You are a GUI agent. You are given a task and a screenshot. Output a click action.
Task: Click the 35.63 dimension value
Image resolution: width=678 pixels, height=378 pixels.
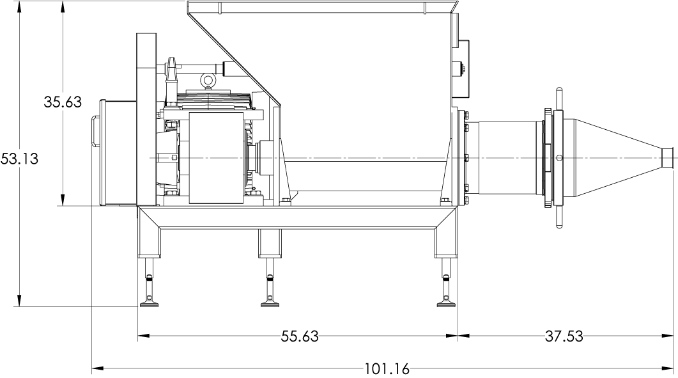point(63,102)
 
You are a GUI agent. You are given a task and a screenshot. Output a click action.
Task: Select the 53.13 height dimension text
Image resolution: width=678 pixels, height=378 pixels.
point(19,159)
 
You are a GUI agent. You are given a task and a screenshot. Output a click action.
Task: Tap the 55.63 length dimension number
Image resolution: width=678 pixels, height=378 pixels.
point(300,336)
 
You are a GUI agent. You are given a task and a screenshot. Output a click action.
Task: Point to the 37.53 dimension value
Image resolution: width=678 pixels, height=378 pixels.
point(564,336)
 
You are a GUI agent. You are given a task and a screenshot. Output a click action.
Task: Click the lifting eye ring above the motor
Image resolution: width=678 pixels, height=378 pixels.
point(208,80)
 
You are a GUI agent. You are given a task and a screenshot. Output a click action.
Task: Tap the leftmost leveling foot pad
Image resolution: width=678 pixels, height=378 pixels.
point(149,304)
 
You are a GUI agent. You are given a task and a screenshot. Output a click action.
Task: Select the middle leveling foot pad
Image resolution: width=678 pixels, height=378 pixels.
point(270,304)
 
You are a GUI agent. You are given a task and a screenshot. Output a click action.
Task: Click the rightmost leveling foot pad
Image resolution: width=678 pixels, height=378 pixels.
point(446,304)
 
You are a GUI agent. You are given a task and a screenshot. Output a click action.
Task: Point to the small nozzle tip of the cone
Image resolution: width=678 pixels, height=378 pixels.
point(668,157)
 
